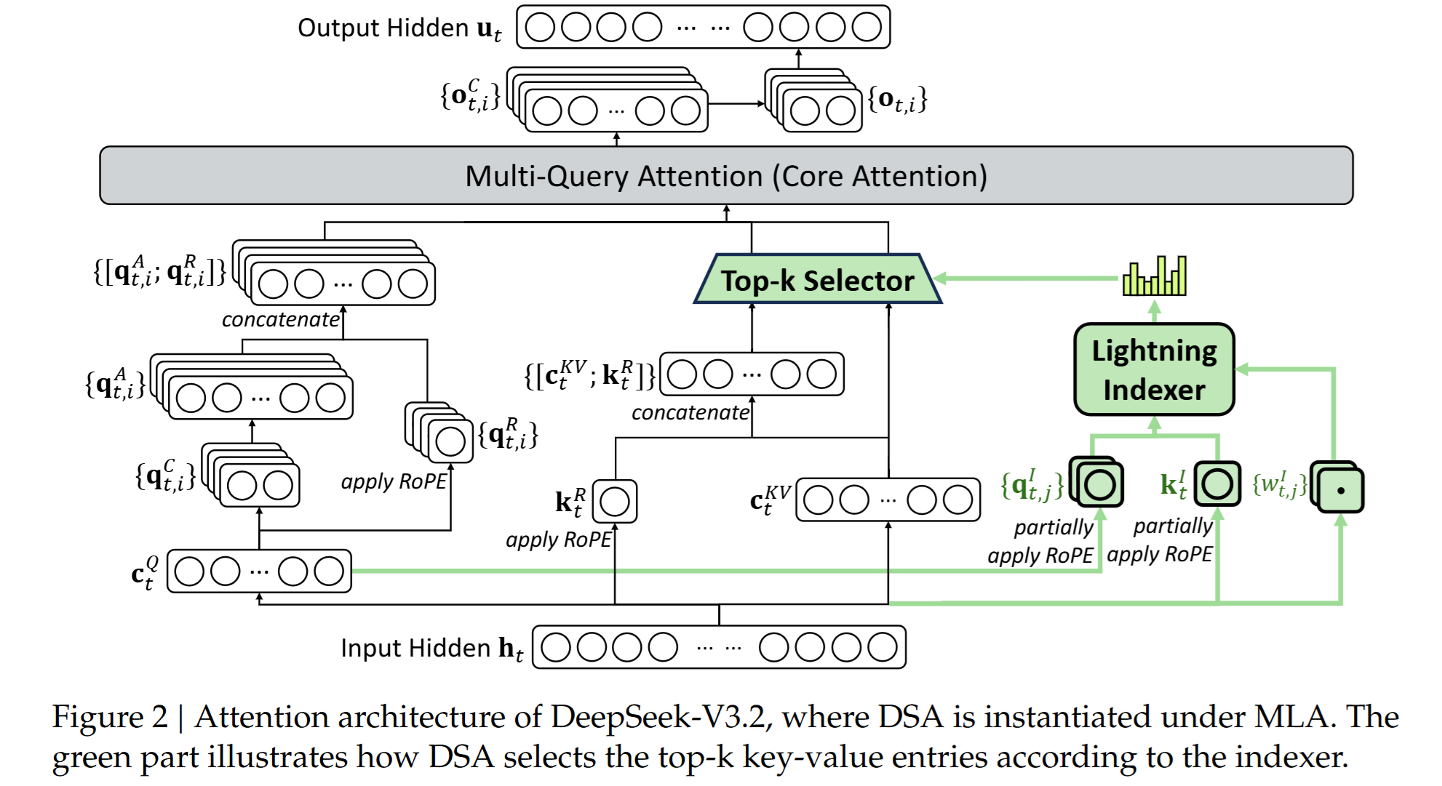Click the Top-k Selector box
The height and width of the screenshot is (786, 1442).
coord(818,278)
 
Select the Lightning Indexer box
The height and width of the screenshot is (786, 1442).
coord(1154,369)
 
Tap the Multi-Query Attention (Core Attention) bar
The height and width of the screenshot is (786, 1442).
coord(726,175)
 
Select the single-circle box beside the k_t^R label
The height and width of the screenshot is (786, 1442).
coord(615,501)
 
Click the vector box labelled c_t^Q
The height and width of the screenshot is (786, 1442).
coord(259,571)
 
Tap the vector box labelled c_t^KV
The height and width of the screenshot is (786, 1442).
coord(888,500)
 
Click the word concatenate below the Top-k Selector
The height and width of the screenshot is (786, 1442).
coord(690,413)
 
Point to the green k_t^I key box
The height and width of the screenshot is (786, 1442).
coord(1217,484)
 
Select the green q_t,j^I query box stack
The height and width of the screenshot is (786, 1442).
coord(1096,481)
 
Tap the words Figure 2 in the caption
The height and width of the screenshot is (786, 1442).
coord(110,717)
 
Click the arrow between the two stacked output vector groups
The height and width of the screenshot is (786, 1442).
coord(738,103)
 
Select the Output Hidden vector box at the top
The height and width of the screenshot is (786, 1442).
coord(703,27)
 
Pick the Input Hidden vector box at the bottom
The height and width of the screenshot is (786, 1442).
coord(719,647)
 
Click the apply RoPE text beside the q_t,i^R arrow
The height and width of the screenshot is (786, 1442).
coord(394,482)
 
